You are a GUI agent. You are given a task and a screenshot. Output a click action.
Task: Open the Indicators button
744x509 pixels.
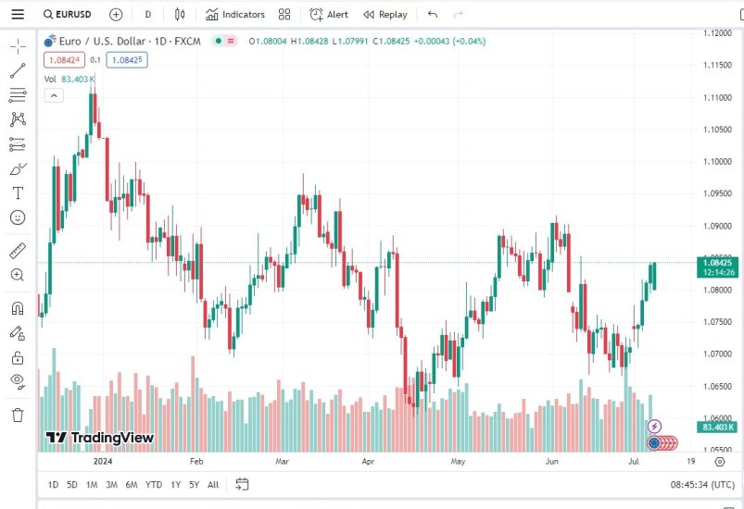(235, 15)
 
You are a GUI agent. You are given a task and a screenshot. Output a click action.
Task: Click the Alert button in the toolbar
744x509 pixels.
(329, 15)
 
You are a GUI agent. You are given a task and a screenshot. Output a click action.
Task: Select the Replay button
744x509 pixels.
(385, 15)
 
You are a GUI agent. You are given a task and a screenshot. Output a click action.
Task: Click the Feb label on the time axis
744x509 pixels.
(195, 460)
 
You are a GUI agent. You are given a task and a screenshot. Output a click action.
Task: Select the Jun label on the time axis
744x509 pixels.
(552, 460)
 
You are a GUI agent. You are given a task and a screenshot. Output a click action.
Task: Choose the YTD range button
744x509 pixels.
(154, 484)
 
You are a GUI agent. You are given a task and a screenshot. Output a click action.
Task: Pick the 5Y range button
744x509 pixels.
(194, 484)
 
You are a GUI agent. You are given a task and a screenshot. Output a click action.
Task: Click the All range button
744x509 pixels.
(213, 484)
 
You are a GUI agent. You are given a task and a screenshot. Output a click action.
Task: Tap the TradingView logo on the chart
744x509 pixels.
(100, 438)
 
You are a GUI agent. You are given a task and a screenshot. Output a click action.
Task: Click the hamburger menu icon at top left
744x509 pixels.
(18, 15)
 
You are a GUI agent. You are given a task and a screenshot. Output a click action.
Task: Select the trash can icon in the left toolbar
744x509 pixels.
(18, 415)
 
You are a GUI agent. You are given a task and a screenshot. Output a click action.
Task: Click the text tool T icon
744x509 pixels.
(18, 192)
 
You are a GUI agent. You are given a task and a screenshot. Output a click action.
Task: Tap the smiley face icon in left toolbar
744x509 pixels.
(18, 217)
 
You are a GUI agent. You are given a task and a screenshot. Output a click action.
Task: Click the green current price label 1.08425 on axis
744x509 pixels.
(719, 262)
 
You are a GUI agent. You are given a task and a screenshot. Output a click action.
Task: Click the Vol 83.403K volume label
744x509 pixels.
(70, 79)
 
